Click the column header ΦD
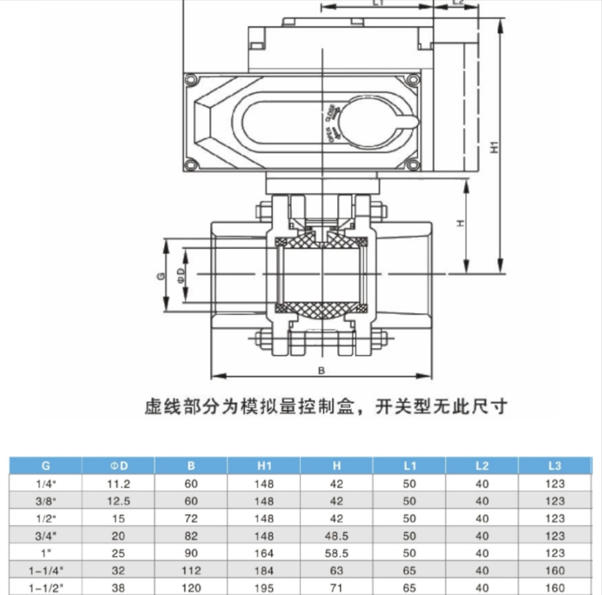118,466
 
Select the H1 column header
264,466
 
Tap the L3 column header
555,466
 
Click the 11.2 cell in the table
118,484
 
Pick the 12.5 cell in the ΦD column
118,501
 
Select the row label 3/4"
46,536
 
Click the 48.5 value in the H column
336,536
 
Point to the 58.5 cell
336,553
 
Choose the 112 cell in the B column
191,571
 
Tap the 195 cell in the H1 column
264,588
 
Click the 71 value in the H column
336,588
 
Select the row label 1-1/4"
46,571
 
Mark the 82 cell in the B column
191,536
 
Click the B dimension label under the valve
321,371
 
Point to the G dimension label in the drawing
161,276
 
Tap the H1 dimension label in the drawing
494,146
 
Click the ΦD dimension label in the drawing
180,275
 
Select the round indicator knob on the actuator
368,122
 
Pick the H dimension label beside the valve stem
460,223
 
